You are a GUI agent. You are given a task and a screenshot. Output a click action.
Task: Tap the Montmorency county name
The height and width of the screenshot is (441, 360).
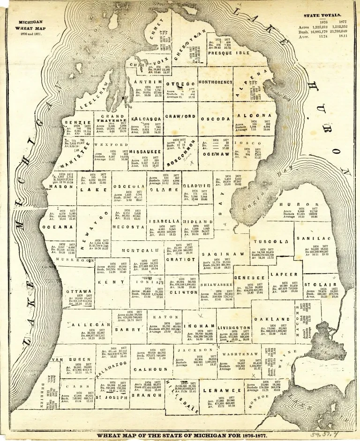click(x=216, y=82)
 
